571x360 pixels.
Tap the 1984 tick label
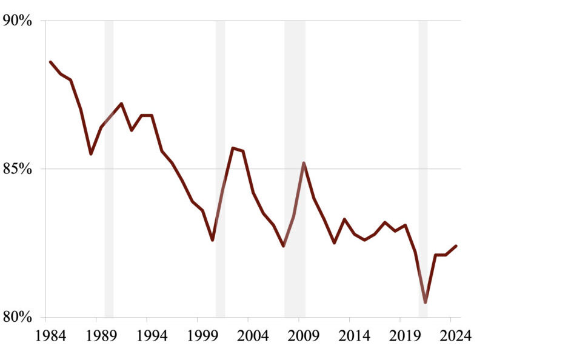50,336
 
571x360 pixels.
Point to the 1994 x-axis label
152,336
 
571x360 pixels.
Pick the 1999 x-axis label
202,336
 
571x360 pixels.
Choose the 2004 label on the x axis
253,336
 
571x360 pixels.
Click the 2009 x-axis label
304,336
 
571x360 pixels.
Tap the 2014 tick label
355,336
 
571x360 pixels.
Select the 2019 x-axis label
405,336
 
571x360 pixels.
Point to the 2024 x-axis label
456,336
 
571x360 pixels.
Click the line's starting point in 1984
50,62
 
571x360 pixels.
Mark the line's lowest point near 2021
426,302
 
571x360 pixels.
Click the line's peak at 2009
304,162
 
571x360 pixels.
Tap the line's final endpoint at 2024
456,246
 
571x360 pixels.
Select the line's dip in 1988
91,154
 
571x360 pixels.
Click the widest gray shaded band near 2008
295,169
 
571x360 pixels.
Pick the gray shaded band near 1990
109,169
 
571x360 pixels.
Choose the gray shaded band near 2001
220,169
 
